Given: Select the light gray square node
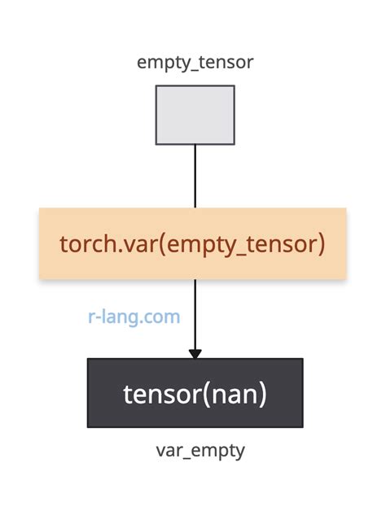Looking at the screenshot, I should point(195,115).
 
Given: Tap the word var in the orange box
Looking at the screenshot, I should point(129,243).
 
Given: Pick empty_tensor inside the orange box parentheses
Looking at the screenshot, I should point(236,243).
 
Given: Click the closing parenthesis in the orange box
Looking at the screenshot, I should point(322,243).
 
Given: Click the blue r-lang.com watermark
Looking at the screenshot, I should point(134,317).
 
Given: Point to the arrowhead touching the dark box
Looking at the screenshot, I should point(195,353).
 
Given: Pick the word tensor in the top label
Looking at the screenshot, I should point(226,62).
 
